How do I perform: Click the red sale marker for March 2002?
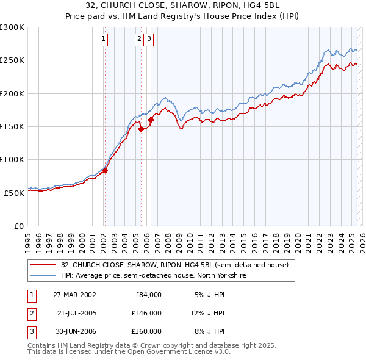point(105,170)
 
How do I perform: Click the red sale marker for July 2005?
point(141,129)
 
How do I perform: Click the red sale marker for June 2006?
point(151,120)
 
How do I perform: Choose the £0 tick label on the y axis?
point(18,226)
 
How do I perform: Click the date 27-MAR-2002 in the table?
point(74,295)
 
